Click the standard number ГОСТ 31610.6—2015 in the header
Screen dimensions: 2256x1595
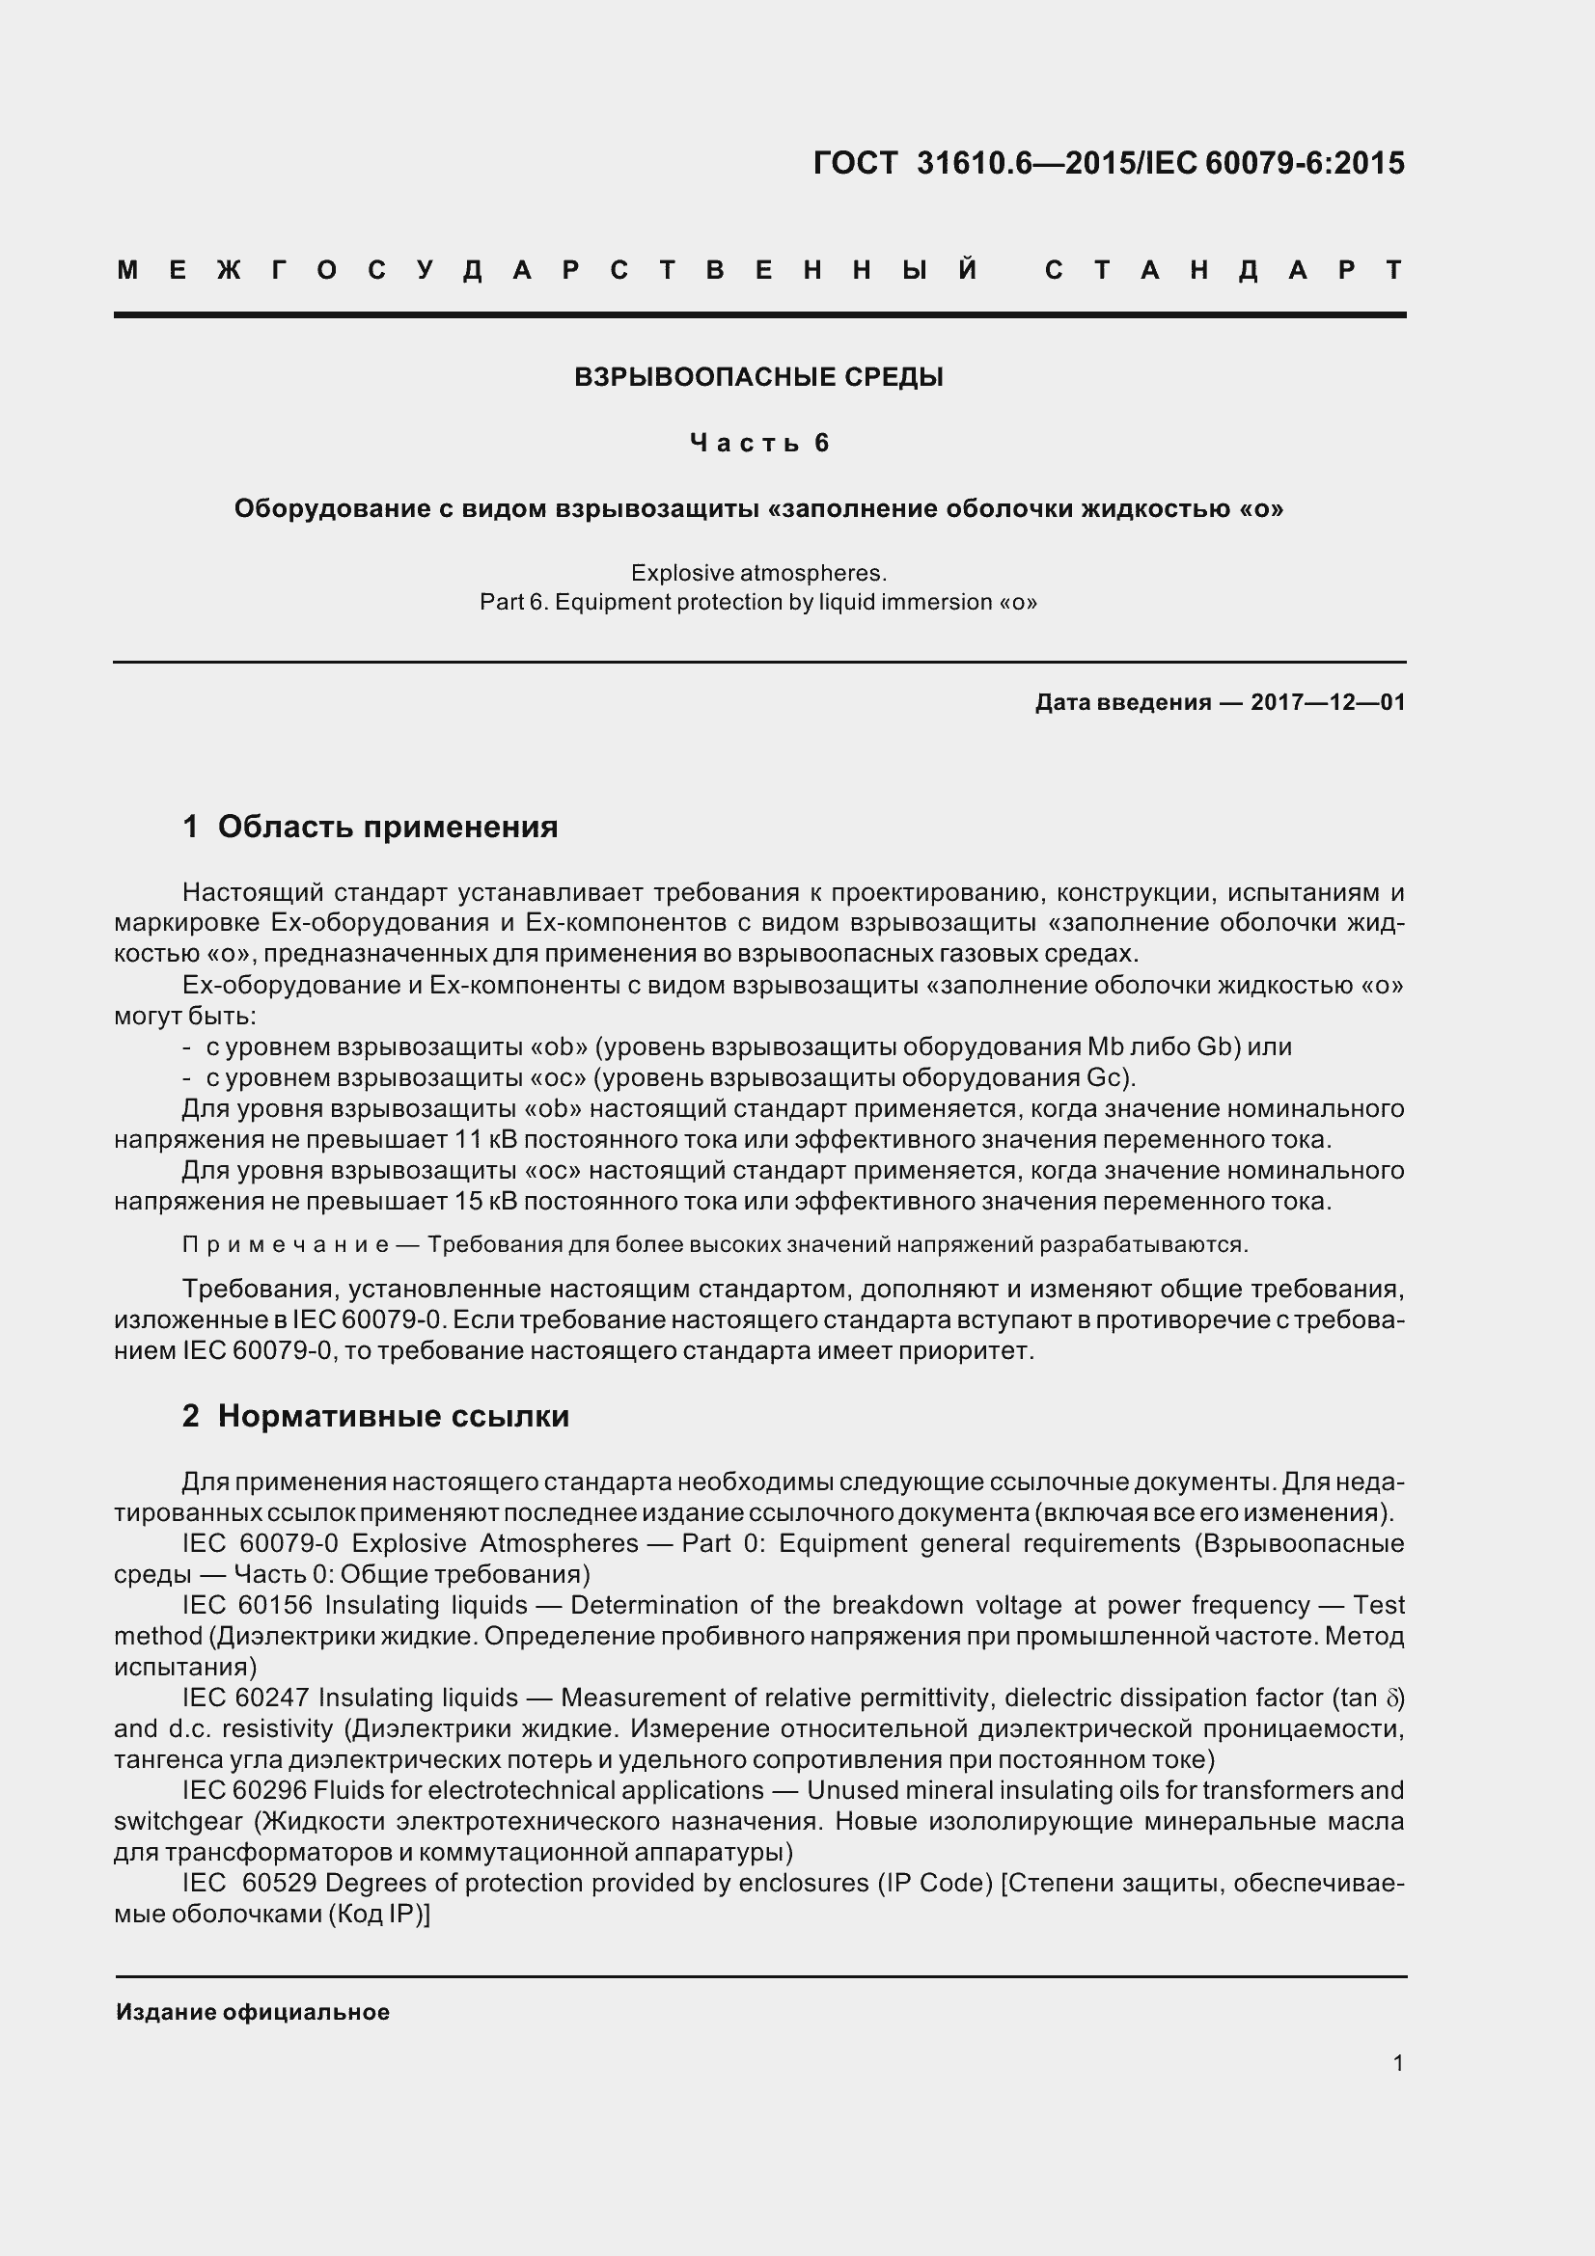[x=973, y=163]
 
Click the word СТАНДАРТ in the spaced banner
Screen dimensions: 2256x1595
[x=1224, y=270]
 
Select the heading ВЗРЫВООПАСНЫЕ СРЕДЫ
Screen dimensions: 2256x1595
[x=758, y=377]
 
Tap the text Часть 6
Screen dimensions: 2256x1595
[x=759, y=443]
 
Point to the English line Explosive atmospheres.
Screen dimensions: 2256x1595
[x=758, y=573]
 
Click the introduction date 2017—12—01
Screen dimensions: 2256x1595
[x=1328, y=702]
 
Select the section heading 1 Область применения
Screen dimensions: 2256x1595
[x=371, y=828]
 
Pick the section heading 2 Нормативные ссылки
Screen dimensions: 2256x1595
[x=375, y=1416]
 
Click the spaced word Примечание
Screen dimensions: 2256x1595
[x=286, y=1245]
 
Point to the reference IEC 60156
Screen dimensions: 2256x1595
[x=247, y=1605]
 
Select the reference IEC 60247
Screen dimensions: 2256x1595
[x=246, y=1697]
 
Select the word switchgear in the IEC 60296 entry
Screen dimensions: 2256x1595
[x=178, y=1822]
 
